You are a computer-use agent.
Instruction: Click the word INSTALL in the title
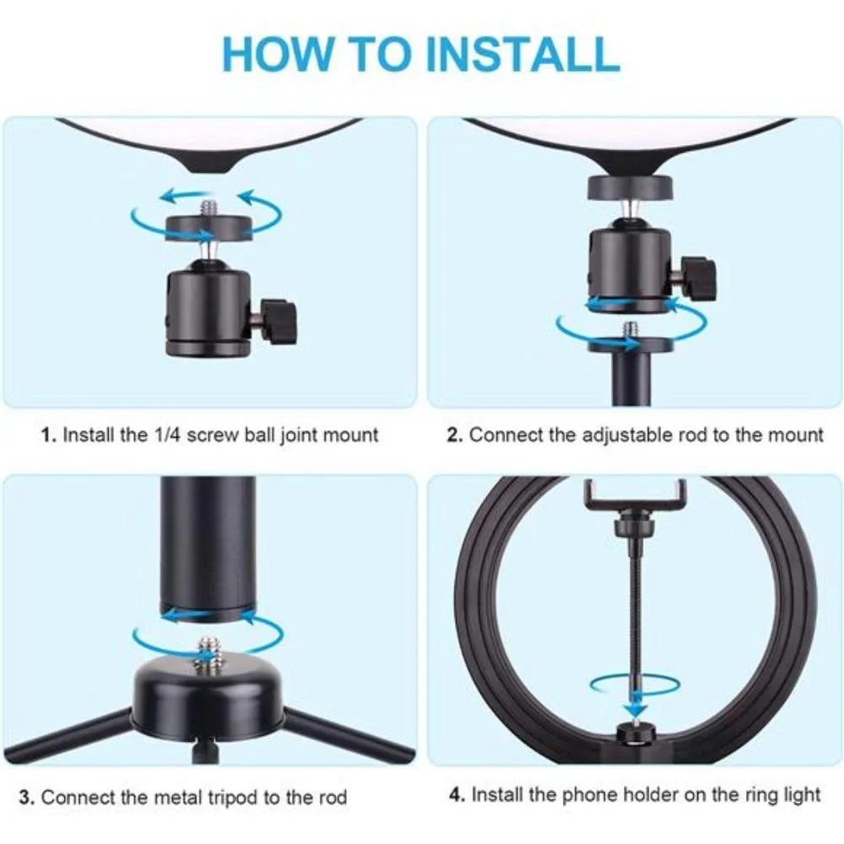[x=522, y=53]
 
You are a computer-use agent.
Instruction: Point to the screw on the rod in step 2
[x=630, y=331]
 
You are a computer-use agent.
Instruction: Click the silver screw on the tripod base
[x=208, y=652]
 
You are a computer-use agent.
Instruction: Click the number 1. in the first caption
[x=48, y=435]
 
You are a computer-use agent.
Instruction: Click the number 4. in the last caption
[x=457, y=794]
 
